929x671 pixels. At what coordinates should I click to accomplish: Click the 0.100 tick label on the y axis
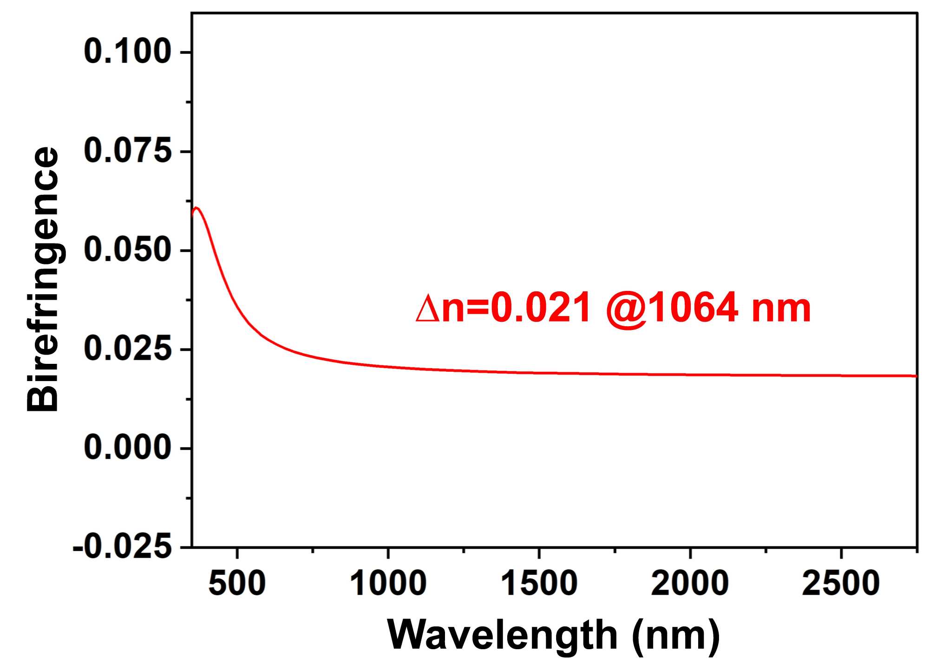click(127, 52)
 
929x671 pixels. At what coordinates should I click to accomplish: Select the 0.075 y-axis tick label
click(127, 151)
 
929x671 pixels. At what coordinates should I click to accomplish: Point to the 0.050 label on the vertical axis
click(127, 250)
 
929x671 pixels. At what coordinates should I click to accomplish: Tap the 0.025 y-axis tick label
click(127, 349)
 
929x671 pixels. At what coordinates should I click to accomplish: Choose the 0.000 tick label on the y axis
click(127, 448)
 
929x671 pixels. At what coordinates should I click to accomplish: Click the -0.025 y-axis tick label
click(122, 547)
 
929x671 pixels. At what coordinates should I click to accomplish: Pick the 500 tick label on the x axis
click(237, 584)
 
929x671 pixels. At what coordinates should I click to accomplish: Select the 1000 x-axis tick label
click(388, 584)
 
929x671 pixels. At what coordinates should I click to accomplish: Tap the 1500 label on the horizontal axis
click(539, 584)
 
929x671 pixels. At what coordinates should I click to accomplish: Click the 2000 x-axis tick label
click(690, 584)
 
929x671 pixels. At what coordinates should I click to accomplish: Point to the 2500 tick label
click(841, 584)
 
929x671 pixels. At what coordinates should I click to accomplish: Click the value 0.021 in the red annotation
click(540, 308)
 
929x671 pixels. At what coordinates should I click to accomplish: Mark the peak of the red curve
click(196, 208)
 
